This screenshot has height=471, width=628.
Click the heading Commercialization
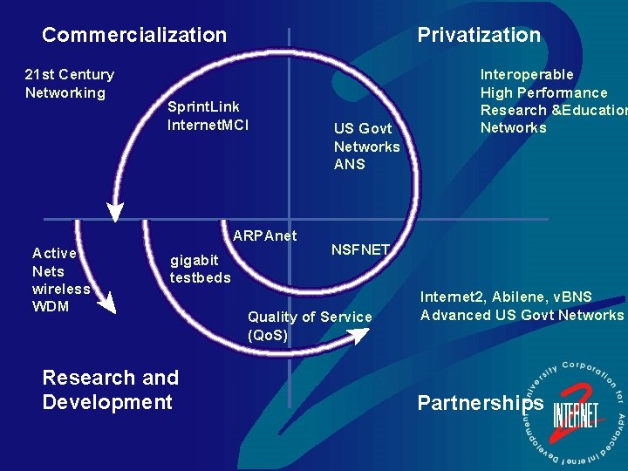[x=134, y=35]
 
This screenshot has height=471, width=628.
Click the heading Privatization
[x=479, y=35]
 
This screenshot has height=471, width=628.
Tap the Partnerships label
[x=481, y=402]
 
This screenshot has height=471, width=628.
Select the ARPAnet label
[x=264, y=235]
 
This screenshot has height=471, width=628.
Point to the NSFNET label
[x=359, y=249]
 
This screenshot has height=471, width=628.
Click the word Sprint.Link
[x=203, y=106]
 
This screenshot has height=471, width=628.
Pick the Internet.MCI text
[x=208, y=125]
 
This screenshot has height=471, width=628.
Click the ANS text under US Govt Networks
[x=349, y=164]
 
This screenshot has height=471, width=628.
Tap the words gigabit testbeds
[x=200, y=269]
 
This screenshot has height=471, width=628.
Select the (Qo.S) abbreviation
[x=268, y=335]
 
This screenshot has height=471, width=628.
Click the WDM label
[x=51, y=306]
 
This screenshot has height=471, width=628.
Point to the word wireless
[x=60, y=289]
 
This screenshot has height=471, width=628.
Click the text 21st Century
[x=69, y=75]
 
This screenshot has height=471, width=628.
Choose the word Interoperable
[x=527, y=75]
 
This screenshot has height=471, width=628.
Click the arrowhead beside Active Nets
[x=106, y=301]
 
